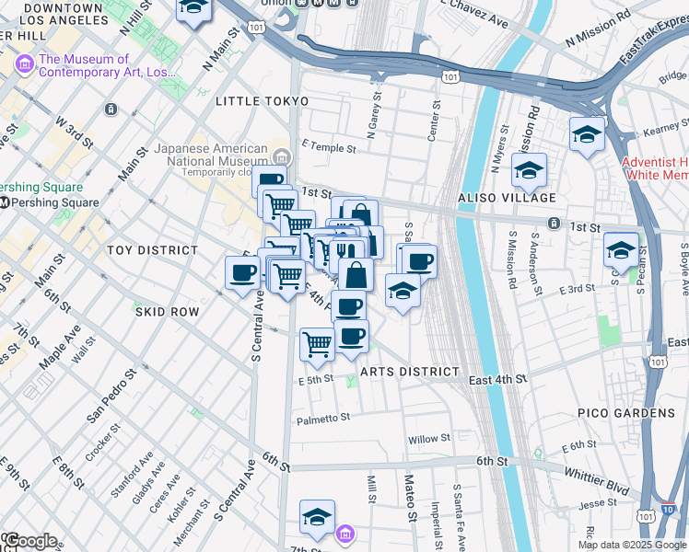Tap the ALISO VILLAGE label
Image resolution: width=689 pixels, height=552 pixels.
point(508,198)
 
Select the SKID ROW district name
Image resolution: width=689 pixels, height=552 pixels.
point(166,312)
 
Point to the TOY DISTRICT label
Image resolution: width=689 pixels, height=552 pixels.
point(153,250)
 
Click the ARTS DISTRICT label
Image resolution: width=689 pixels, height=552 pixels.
point(409,372)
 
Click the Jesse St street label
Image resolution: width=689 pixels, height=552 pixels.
point(597,503)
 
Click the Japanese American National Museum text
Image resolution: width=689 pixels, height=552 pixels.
point(215,154)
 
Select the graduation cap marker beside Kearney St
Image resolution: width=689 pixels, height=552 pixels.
point(587,135)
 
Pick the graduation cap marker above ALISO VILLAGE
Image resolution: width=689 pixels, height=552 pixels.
point(529,169)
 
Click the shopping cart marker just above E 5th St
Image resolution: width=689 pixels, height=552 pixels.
point(318,345)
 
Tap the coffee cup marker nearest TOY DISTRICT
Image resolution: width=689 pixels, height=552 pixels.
point(243,273)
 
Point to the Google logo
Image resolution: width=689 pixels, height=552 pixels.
point(30,541)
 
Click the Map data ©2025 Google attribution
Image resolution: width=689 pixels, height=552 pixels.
point(632,544)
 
